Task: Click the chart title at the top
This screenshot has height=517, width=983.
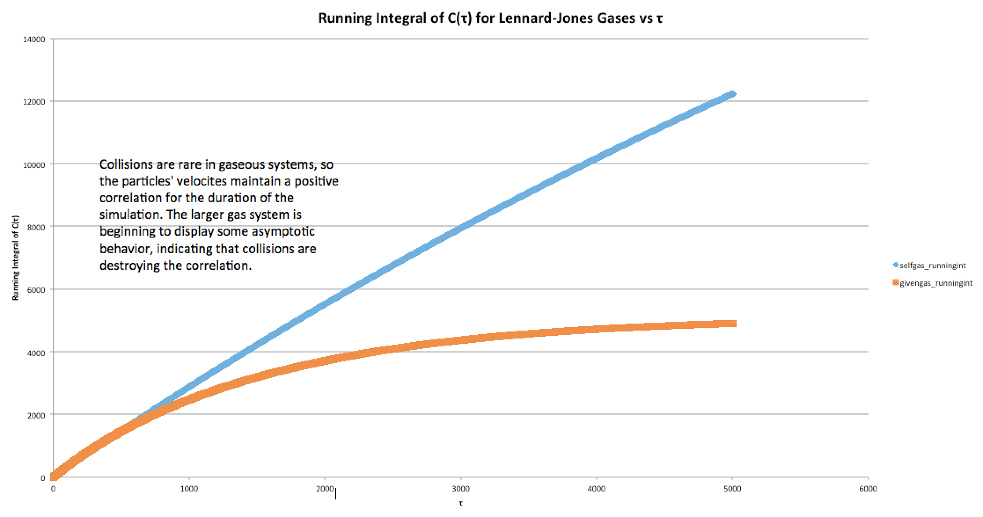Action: [490, 18]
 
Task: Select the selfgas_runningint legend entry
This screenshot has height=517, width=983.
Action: [932, 266]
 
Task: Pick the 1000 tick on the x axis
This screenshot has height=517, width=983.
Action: [189, 489]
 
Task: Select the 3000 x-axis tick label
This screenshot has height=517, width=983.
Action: [461, 489]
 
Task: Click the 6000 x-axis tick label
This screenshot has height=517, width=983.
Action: [868, 489]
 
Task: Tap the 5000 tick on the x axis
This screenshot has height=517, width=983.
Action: [732, 489]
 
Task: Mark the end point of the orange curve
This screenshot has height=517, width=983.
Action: [733, 324]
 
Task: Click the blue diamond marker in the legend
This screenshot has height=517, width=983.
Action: [895, 265]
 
